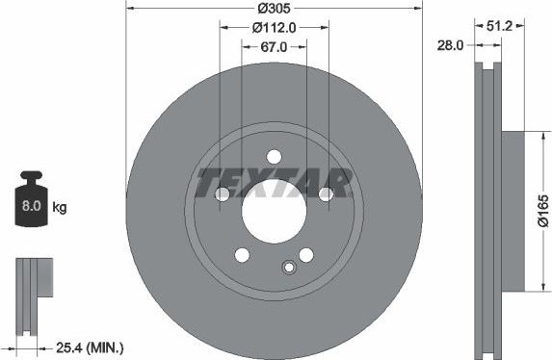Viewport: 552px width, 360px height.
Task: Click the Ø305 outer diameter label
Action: pos(274,10)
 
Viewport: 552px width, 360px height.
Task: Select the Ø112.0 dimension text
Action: pos(273,28)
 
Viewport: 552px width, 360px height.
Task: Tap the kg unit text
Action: pos(60,207)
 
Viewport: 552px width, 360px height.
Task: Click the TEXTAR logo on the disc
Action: pos(274,180)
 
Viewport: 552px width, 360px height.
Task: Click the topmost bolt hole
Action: pos(274,157)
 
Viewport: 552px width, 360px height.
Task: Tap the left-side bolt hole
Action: pos(223,194)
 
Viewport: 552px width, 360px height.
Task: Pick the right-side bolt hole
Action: pos(326,194)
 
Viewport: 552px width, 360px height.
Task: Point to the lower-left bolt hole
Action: pos(242,254)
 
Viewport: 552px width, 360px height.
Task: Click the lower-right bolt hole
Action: pos(306,254)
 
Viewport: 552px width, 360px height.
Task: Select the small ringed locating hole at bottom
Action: pos(286,269)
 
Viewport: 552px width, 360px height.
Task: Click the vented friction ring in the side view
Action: pos(489,209)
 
